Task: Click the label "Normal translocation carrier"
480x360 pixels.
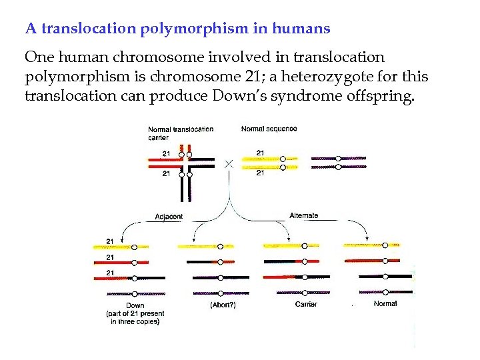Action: pos(181,133)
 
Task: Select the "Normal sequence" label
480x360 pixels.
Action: pos(269,129)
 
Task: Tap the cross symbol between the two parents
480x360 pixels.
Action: pos(229,163)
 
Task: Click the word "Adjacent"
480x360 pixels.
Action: pos(169,217)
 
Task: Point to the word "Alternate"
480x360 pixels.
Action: pos(304,215)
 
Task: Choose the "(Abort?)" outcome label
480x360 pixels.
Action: pos(223,305)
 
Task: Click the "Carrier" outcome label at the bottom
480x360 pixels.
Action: pos(305,305)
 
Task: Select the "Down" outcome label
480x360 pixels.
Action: pos(135,306)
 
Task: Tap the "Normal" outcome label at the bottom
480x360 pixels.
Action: pos(385,304)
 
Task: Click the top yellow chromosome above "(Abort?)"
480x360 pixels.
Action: pos(206,247)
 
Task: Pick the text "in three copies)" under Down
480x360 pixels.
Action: pos(135,321)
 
